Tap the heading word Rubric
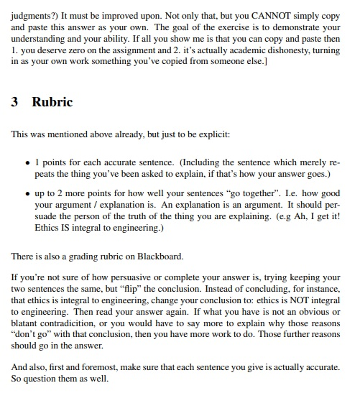click(52, 101)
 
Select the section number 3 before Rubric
click(15, 101)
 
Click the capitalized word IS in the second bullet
click(60, 228)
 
